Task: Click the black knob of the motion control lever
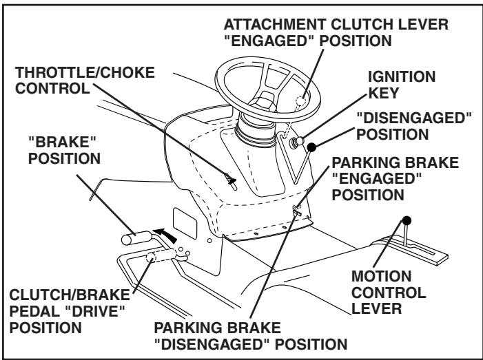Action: pos(407,221)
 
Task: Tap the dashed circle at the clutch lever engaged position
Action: pos(297,101)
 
